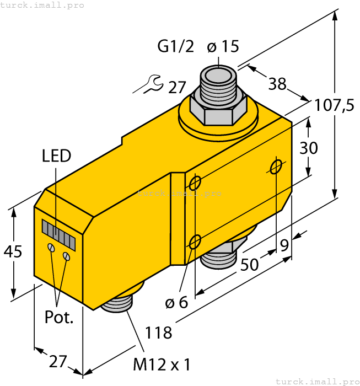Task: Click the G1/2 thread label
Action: coord(176,47)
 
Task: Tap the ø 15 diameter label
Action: coord(223,47)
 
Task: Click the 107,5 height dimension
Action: coord(334,105)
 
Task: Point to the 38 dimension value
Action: coord(277,84)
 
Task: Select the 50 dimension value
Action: coord(250,265)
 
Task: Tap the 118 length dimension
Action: coord(159,333)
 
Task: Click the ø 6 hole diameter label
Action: coord(176,302)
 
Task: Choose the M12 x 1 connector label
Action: coord(162,364)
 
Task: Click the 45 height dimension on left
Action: coord(13,251)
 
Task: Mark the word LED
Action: coord(56,157)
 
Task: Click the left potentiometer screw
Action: coord(51,248)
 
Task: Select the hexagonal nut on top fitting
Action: coord(218,109)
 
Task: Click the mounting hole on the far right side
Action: coord(277,166)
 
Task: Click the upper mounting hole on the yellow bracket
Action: coord(195,183)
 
